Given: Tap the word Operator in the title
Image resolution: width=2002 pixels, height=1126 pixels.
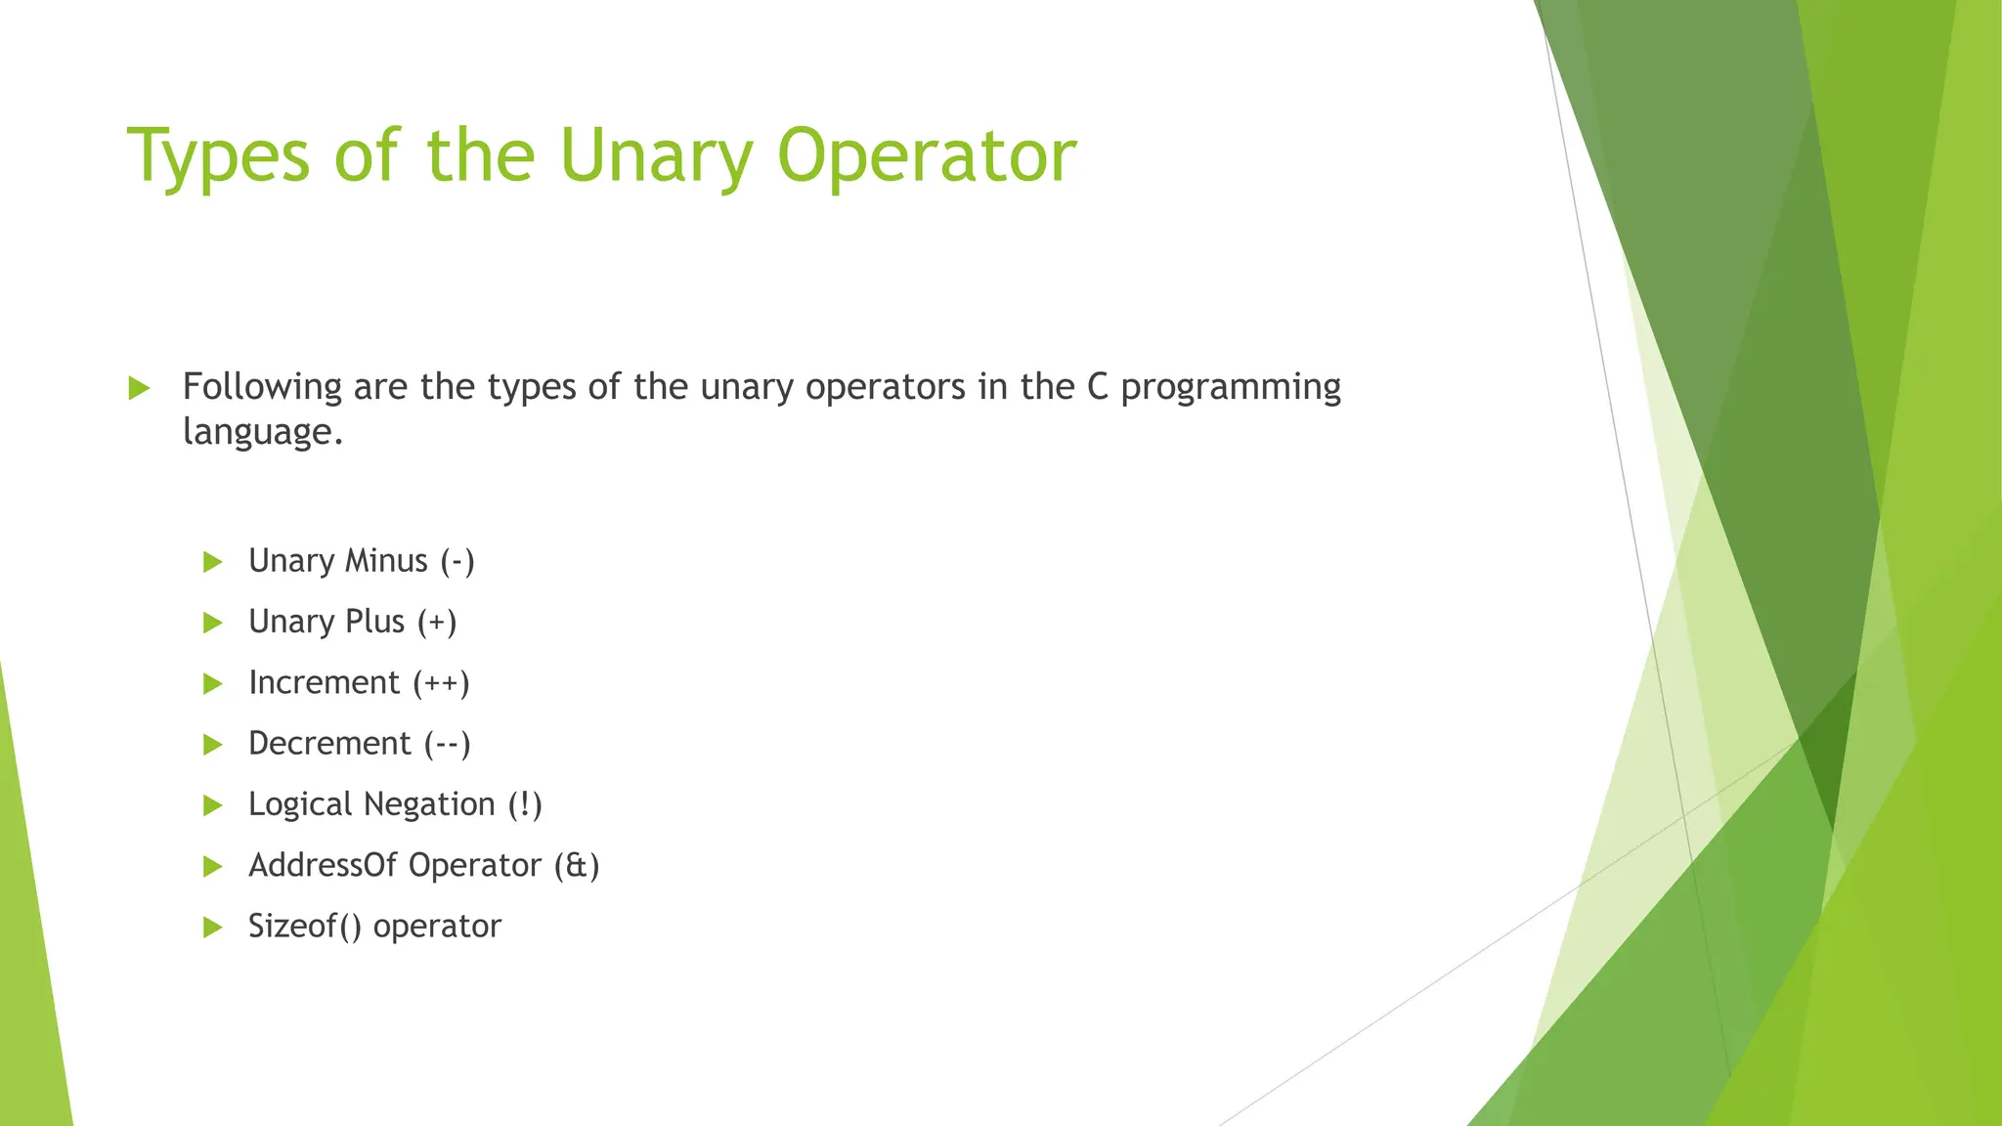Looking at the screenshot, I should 927,156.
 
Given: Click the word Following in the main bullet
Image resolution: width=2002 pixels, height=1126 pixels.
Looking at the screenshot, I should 262,387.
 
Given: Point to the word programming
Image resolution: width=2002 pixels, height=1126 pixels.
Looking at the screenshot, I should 1231,387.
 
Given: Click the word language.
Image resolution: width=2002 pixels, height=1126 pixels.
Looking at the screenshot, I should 262,432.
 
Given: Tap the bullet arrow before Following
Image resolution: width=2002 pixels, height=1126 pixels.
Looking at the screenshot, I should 139,388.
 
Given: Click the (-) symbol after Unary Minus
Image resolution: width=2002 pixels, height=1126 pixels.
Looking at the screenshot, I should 457,561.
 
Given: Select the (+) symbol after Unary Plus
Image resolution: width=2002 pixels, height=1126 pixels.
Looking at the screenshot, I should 437,622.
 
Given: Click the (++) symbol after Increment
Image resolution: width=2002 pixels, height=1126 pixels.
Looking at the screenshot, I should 441,682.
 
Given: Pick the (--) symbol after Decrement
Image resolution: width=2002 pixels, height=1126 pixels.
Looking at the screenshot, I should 447,744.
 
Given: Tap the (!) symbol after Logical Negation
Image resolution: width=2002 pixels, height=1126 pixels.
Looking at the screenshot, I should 525,804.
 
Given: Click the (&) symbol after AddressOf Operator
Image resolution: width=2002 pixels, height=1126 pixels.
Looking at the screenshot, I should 577,865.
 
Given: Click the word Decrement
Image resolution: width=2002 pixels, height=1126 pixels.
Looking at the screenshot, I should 329,744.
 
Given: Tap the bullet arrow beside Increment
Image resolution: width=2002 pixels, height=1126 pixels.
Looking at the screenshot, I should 213,683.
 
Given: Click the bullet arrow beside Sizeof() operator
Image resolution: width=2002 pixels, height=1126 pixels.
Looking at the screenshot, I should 213,927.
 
